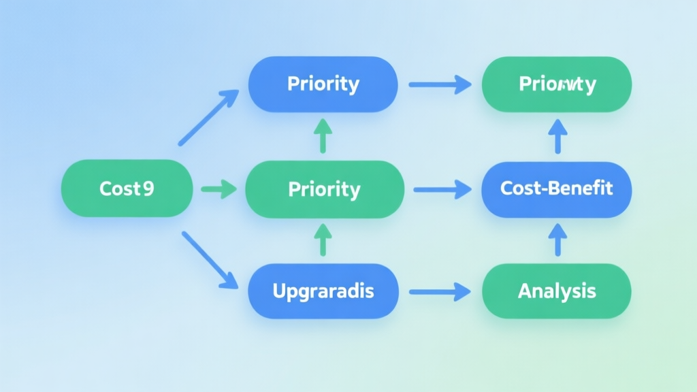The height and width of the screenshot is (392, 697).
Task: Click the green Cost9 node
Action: tap(127, 189)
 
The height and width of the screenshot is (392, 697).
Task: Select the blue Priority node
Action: tap(323, 84)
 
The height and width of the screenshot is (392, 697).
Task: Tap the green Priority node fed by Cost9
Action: tap(324, 189)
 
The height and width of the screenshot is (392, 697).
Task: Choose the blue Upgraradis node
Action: tap(323, 291)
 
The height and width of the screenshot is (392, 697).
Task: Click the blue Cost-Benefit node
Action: tap(556, 189)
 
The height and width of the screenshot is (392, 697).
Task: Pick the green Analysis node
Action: tap(556, 291)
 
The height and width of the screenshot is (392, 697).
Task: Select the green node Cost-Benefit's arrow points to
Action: tap(556, 84)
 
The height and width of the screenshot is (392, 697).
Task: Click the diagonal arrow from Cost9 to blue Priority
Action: tap(208, 117)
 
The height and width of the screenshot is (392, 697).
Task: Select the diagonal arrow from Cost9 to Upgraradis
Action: tap(210, 260)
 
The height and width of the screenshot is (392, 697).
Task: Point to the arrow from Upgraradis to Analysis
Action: tap(440, 292)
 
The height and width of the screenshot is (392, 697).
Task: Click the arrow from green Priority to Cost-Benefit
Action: tap(442, 189)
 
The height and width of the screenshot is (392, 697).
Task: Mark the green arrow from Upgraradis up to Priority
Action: tap(323, 240)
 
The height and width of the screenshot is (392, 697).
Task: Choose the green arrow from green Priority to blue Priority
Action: tap(323, 135)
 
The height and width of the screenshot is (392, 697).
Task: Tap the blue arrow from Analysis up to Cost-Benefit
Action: tap(557, 240)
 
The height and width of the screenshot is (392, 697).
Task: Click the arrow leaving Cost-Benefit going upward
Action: tap(557, 135)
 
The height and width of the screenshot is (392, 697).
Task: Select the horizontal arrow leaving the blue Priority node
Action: tap(440, 85)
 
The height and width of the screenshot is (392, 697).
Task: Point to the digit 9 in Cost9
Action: tap(148, 189)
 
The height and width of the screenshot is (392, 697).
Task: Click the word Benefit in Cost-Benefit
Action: tap(583, 189)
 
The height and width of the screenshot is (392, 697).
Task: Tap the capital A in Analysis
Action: tap(525, 291)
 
